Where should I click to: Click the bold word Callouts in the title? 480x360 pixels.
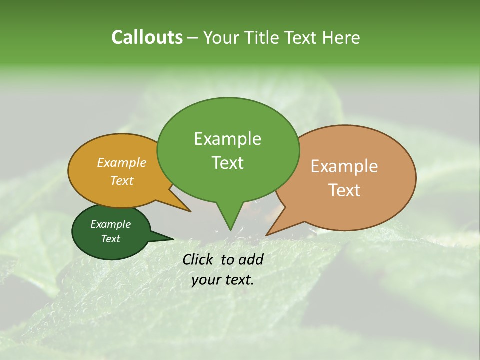click(147, 37)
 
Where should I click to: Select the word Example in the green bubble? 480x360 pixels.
click(227, 139)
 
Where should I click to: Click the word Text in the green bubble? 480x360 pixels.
click(227, 163)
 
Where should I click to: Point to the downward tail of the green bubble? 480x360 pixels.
click(229, 220)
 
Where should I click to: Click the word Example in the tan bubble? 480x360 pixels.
click(344, 166)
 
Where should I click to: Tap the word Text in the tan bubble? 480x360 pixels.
click(344, 190)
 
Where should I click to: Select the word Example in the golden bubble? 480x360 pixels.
click(121, 163)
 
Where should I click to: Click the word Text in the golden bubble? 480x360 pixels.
click(121, 181)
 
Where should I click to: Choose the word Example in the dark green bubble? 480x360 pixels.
click(110, 224)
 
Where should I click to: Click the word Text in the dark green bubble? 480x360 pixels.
click(110, 239)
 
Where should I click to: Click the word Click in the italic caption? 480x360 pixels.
click(198, 259)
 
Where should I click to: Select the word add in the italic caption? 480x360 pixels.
click(251, 259)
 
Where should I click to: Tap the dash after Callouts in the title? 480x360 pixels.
click(193, 38)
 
